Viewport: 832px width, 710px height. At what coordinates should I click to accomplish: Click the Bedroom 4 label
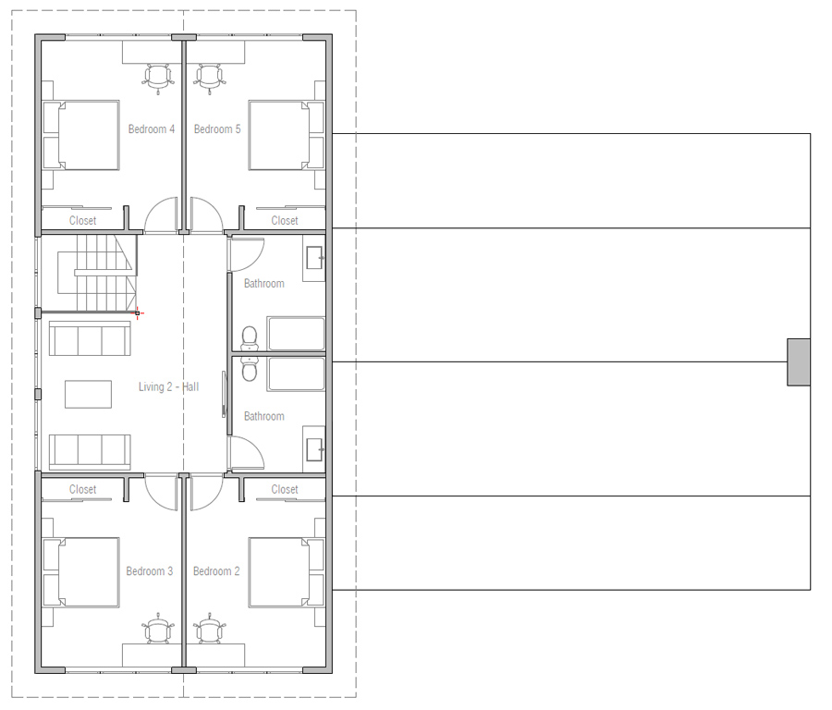click(152, 129)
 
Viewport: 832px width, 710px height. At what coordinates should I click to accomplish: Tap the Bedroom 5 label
click(217, 129)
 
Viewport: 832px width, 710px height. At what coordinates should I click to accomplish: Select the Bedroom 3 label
click(150, 571)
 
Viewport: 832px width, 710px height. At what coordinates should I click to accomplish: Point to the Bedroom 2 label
click(216, 571)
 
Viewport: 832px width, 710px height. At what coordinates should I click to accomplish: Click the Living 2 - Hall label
click(168, 386)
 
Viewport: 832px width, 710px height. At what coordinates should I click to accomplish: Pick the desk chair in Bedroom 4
click(158, 77)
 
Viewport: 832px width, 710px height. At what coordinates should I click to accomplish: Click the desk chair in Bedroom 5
click(210, 77)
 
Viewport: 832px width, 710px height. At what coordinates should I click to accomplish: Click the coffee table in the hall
click(88, 394)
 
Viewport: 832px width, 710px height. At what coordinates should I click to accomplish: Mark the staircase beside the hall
click(92, 273)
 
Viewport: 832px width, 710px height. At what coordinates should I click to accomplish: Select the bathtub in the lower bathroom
click(296, 374)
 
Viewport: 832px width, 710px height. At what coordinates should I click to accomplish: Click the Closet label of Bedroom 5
click(285, 220)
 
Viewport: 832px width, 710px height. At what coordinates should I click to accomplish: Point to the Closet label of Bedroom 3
click(82, 489)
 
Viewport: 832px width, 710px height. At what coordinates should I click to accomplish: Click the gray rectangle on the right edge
click(799, 361)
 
